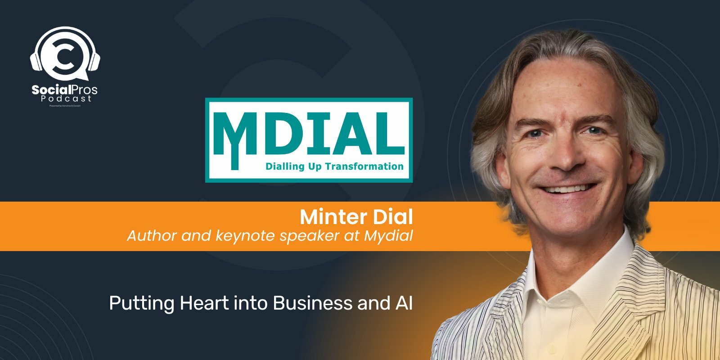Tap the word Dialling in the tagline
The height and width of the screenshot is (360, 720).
tap(283, 166)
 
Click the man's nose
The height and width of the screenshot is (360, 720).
tap(563, 155)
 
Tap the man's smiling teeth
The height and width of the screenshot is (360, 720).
tap(568, 189)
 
